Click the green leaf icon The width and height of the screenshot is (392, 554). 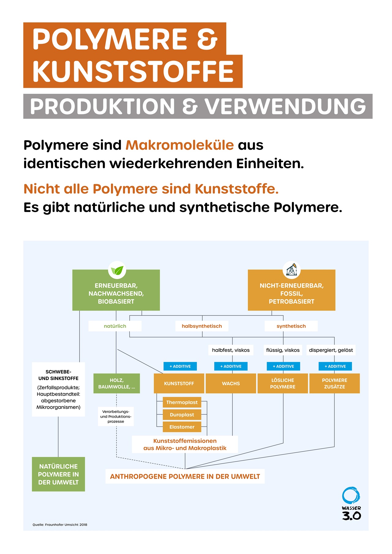(x=117, y=270)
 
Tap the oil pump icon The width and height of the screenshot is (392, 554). (x=292, y=270)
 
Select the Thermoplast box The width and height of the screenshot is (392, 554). (x=182, y=402)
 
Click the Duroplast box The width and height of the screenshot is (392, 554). (x=182, y=415)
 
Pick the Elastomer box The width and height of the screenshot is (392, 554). (x=182, y=427)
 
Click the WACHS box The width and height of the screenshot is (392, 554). (x=231, y=383)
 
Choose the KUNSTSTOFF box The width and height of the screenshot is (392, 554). (x=179, y=383)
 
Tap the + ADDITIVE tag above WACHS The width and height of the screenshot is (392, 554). (x=231, y=366)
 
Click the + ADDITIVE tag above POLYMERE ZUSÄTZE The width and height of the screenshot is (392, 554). (x=335, y=366)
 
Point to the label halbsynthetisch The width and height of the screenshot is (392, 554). (x=202, y=326)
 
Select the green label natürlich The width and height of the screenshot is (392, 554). (x=115, y=326)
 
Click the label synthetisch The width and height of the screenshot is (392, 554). (x=291, y=326)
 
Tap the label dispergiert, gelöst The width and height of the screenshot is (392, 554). (x=331, y=350)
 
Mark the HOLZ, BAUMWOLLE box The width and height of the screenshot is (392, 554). (x=116, y=383)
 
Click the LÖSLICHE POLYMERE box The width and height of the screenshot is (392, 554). (x=283, y=383)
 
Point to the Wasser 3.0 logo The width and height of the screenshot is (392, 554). (x=351, y=503)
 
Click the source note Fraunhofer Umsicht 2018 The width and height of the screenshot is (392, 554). (x=60, y=525)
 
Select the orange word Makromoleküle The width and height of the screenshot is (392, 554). (x=179, y=145)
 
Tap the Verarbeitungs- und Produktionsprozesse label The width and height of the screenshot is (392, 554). (x=116, y=416)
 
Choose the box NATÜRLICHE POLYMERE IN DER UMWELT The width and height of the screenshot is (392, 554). (x=58, y=474)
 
